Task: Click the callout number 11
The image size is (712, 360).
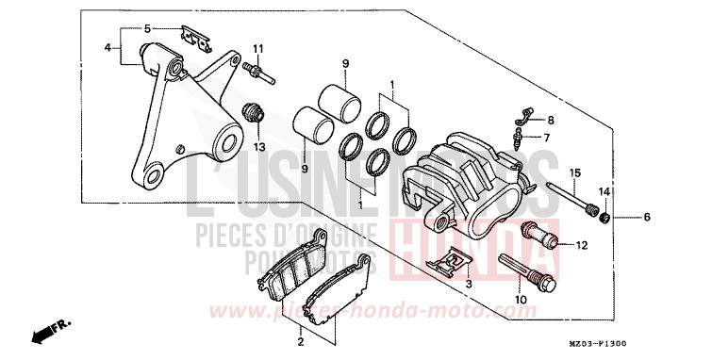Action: coord(257,48)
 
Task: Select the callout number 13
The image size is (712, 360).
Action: coord(257,147)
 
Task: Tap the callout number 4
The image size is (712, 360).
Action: coord(108,47)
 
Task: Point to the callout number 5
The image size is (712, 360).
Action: coord(146,29)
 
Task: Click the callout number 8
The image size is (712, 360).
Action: coord(552,121)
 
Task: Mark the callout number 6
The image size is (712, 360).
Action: coord(647,218)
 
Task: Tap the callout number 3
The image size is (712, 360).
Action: coord(468,283)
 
